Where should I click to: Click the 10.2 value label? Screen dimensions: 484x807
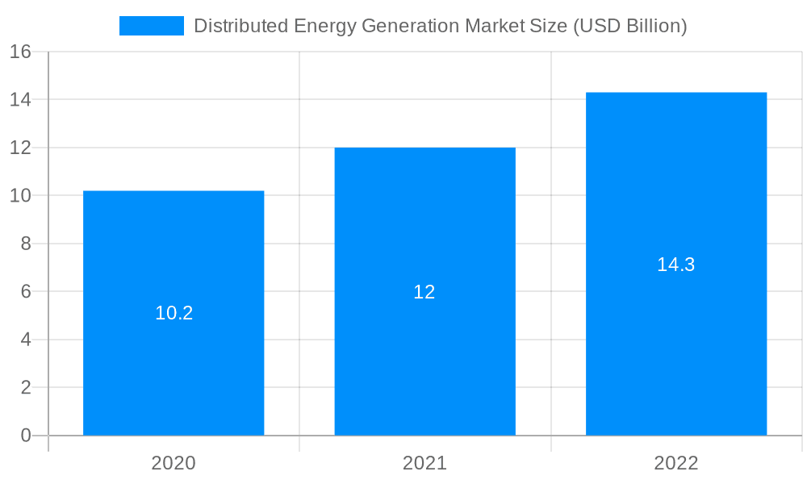[174, 313]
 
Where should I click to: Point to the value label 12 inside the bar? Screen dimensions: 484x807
[424, 292]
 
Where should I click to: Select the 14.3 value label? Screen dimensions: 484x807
[676, 265]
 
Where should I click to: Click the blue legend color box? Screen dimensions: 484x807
[152, 26]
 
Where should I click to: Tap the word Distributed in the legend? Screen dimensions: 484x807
[240, 26]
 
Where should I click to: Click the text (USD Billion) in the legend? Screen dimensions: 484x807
[630, 26]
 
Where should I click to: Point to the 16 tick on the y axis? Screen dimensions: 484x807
[20, 52]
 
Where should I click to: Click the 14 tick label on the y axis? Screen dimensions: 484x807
[20, 100]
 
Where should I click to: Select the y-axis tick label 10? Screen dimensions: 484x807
[20, 196]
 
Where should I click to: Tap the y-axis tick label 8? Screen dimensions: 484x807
[25, 244]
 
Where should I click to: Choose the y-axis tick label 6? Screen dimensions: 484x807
[25, 291]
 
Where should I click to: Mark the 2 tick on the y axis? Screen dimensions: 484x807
[25, 387]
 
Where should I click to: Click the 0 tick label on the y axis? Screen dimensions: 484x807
[25, 436]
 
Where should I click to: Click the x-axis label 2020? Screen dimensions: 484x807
[174, 463]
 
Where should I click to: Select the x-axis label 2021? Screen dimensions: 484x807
[424, 463]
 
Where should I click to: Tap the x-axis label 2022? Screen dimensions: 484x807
[676, 463]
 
